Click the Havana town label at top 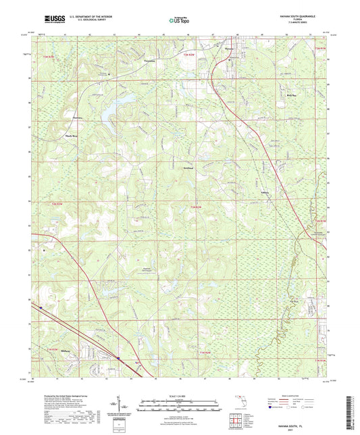(x=230, y=48)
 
